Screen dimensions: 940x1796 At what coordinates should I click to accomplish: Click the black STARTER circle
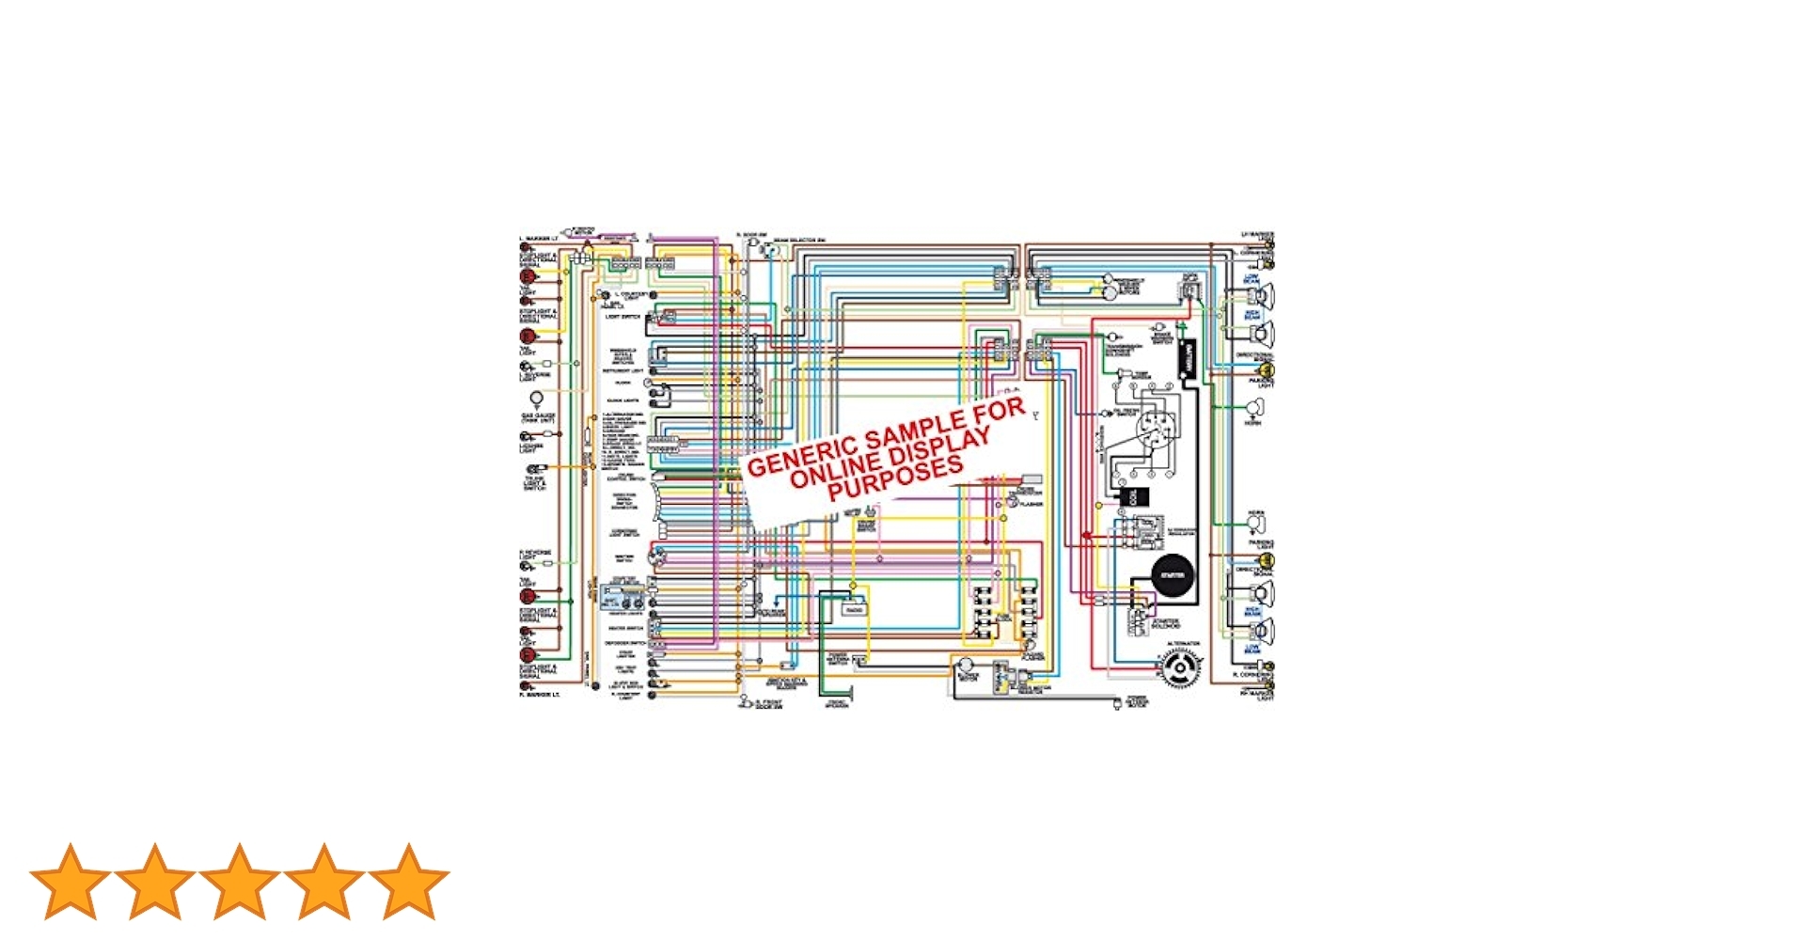tap(1173, 575)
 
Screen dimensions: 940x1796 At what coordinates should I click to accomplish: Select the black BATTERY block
tap(1187, 359)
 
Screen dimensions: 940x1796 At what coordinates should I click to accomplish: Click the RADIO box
tap(854, 609)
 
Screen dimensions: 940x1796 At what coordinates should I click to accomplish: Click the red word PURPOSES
tap(895, 478)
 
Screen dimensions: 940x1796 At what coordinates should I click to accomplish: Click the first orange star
tap(70, 881)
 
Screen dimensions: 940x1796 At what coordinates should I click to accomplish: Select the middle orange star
tap(239, 881)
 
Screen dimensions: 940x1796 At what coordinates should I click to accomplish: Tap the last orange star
tap(408, 881)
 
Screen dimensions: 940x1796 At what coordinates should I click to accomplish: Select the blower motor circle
tap(966, 667)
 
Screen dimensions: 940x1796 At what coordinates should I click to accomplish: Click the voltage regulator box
tap(1148, 533)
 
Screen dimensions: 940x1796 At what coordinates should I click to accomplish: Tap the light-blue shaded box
tap(622, 596)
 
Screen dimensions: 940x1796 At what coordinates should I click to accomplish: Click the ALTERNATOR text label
tap(1183, 644)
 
